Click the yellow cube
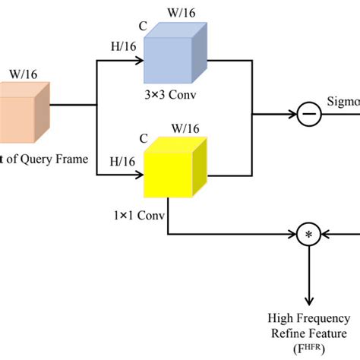pyautogui.click(x=176, y=169)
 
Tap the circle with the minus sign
pyautogui.click(x=310, y=115)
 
